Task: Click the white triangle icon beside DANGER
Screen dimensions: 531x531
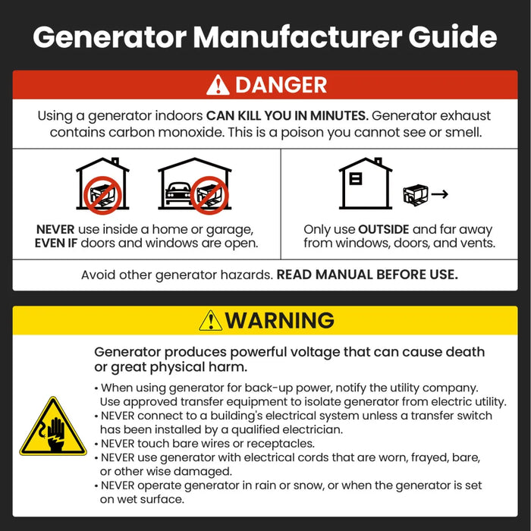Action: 218,86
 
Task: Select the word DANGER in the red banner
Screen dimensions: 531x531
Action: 281,85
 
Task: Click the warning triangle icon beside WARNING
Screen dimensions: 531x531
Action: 210,321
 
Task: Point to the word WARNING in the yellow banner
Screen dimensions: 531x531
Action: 279,320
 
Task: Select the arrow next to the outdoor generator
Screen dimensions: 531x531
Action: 439,195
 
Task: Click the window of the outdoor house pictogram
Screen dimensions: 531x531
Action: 355,180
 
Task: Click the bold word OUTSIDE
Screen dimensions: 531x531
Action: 385,229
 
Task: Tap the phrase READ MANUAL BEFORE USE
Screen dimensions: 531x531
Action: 367,275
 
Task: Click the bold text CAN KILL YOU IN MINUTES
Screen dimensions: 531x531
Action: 287,116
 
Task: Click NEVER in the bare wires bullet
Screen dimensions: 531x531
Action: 121,444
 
